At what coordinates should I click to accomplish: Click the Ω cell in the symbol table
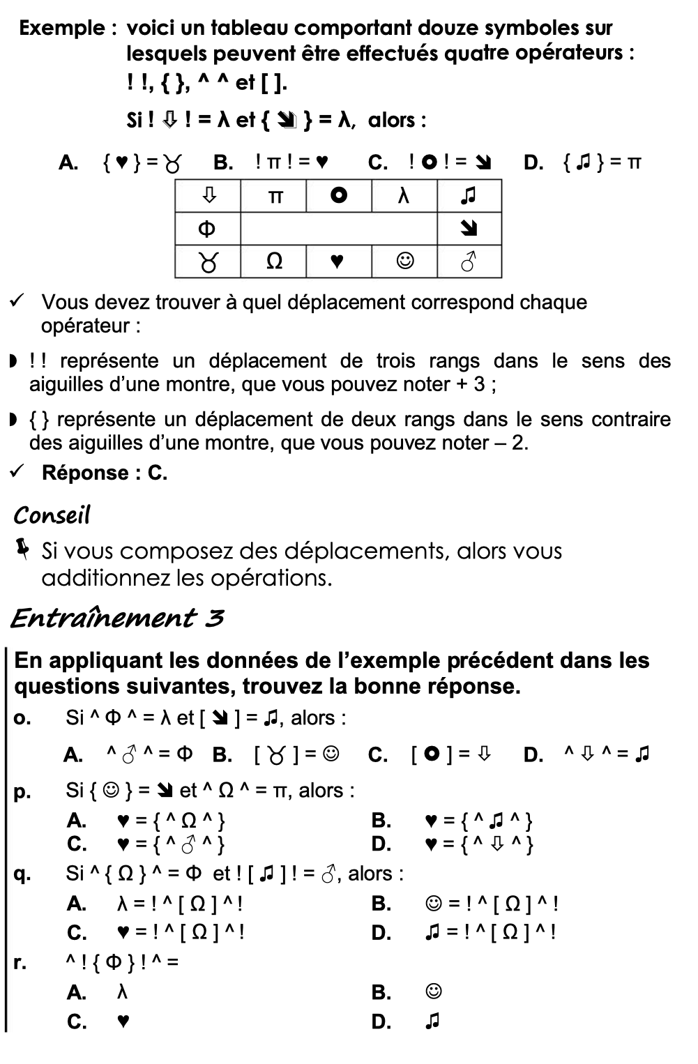(274, 261)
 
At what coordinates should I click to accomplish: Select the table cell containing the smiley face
(404, 261)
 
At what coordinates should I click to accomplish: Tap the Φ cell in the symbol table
(207, 229)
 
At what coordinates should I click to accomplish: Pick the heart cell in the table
(337, 261)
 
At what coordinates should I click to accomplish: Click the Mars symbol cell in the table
(469, 262)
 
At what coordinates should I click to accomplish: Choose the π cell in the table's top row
(274, 197)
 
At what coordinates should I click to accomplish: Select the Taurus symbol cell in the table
(207, 262)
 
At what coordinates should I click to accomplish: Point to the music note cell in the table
(469, 197)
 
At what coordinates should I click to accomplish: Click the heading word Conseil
(52, 516)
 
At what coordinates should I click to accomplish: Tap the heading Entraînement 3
(116, 618)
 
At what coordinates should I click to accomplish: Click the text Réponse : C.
(105, 473)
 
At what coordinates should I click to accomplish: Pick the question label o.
(22, 718)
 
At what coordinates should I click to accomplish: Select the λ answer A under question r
(123, 991)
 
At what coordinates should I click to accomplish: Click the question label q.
(22, 874)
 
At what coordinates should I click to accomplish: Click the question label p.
(22, 791)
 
